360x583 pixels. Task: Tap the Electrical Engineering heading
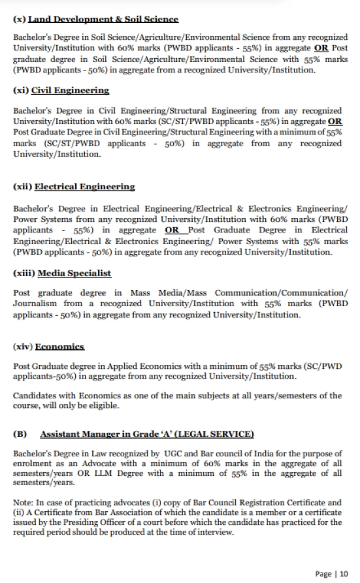pyautogui.click(x=84, y=187)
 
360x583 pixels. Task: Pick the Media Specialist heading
pyautogui.click(x=74, y=273)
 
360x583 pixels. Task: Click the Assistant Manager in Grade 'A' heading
pyautogui.click(x=147, y=433)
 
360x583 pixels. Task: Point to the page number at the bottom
pyautogui.click(x=332, y=573)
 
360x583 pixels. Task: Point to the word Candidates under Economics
pyautogui.click(x=37, y=396)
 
